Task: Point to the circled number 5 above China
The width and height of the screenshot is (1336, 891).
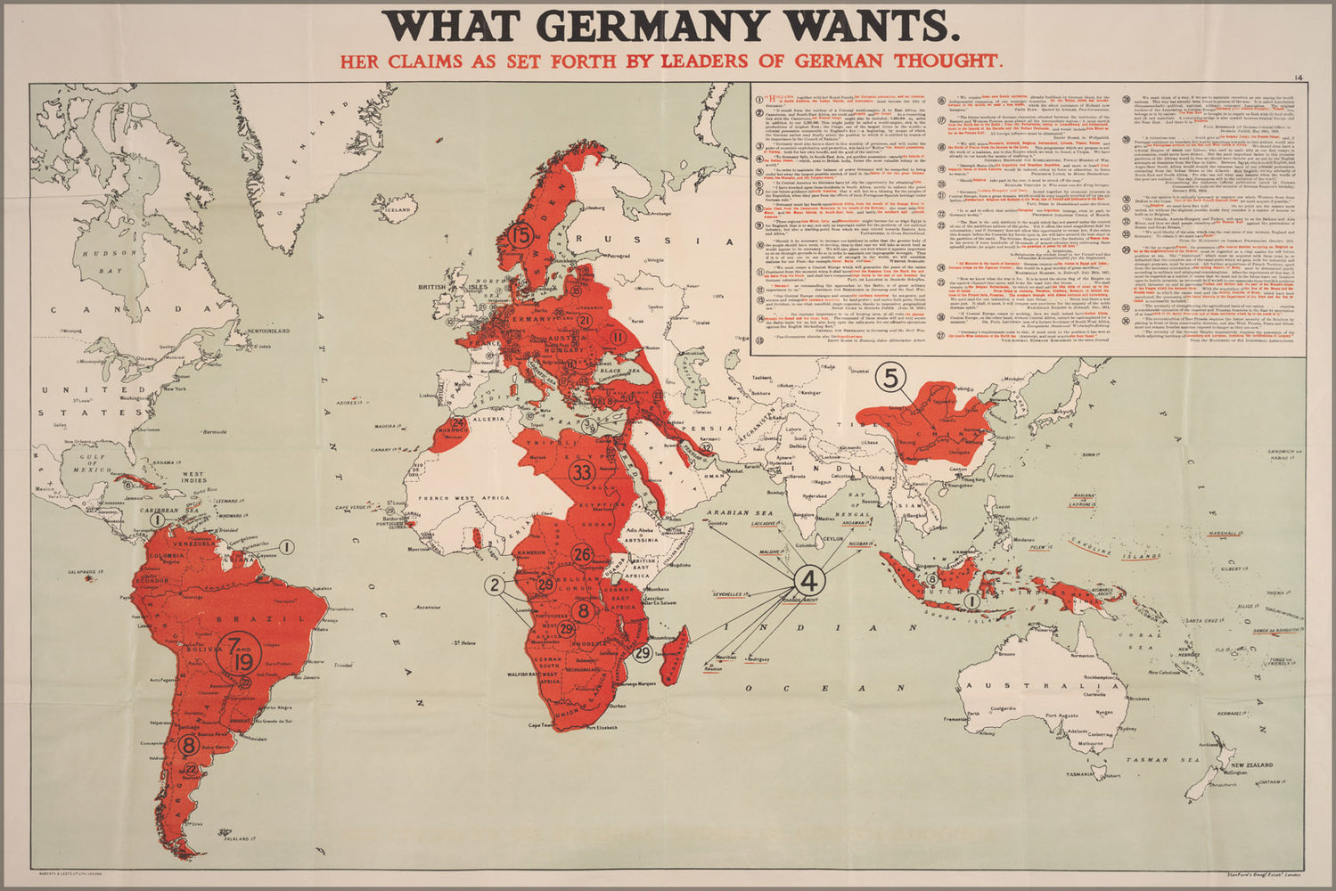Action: click(890, 378)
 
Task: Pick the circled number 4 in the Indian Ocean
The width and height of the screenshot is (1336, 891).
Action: click(808, 581)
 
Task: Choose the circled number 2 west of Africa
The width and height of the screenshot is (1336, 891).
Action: click(495, 584)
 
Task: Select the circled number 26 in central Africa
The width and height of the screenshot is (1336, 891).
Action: click(582, 554)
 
